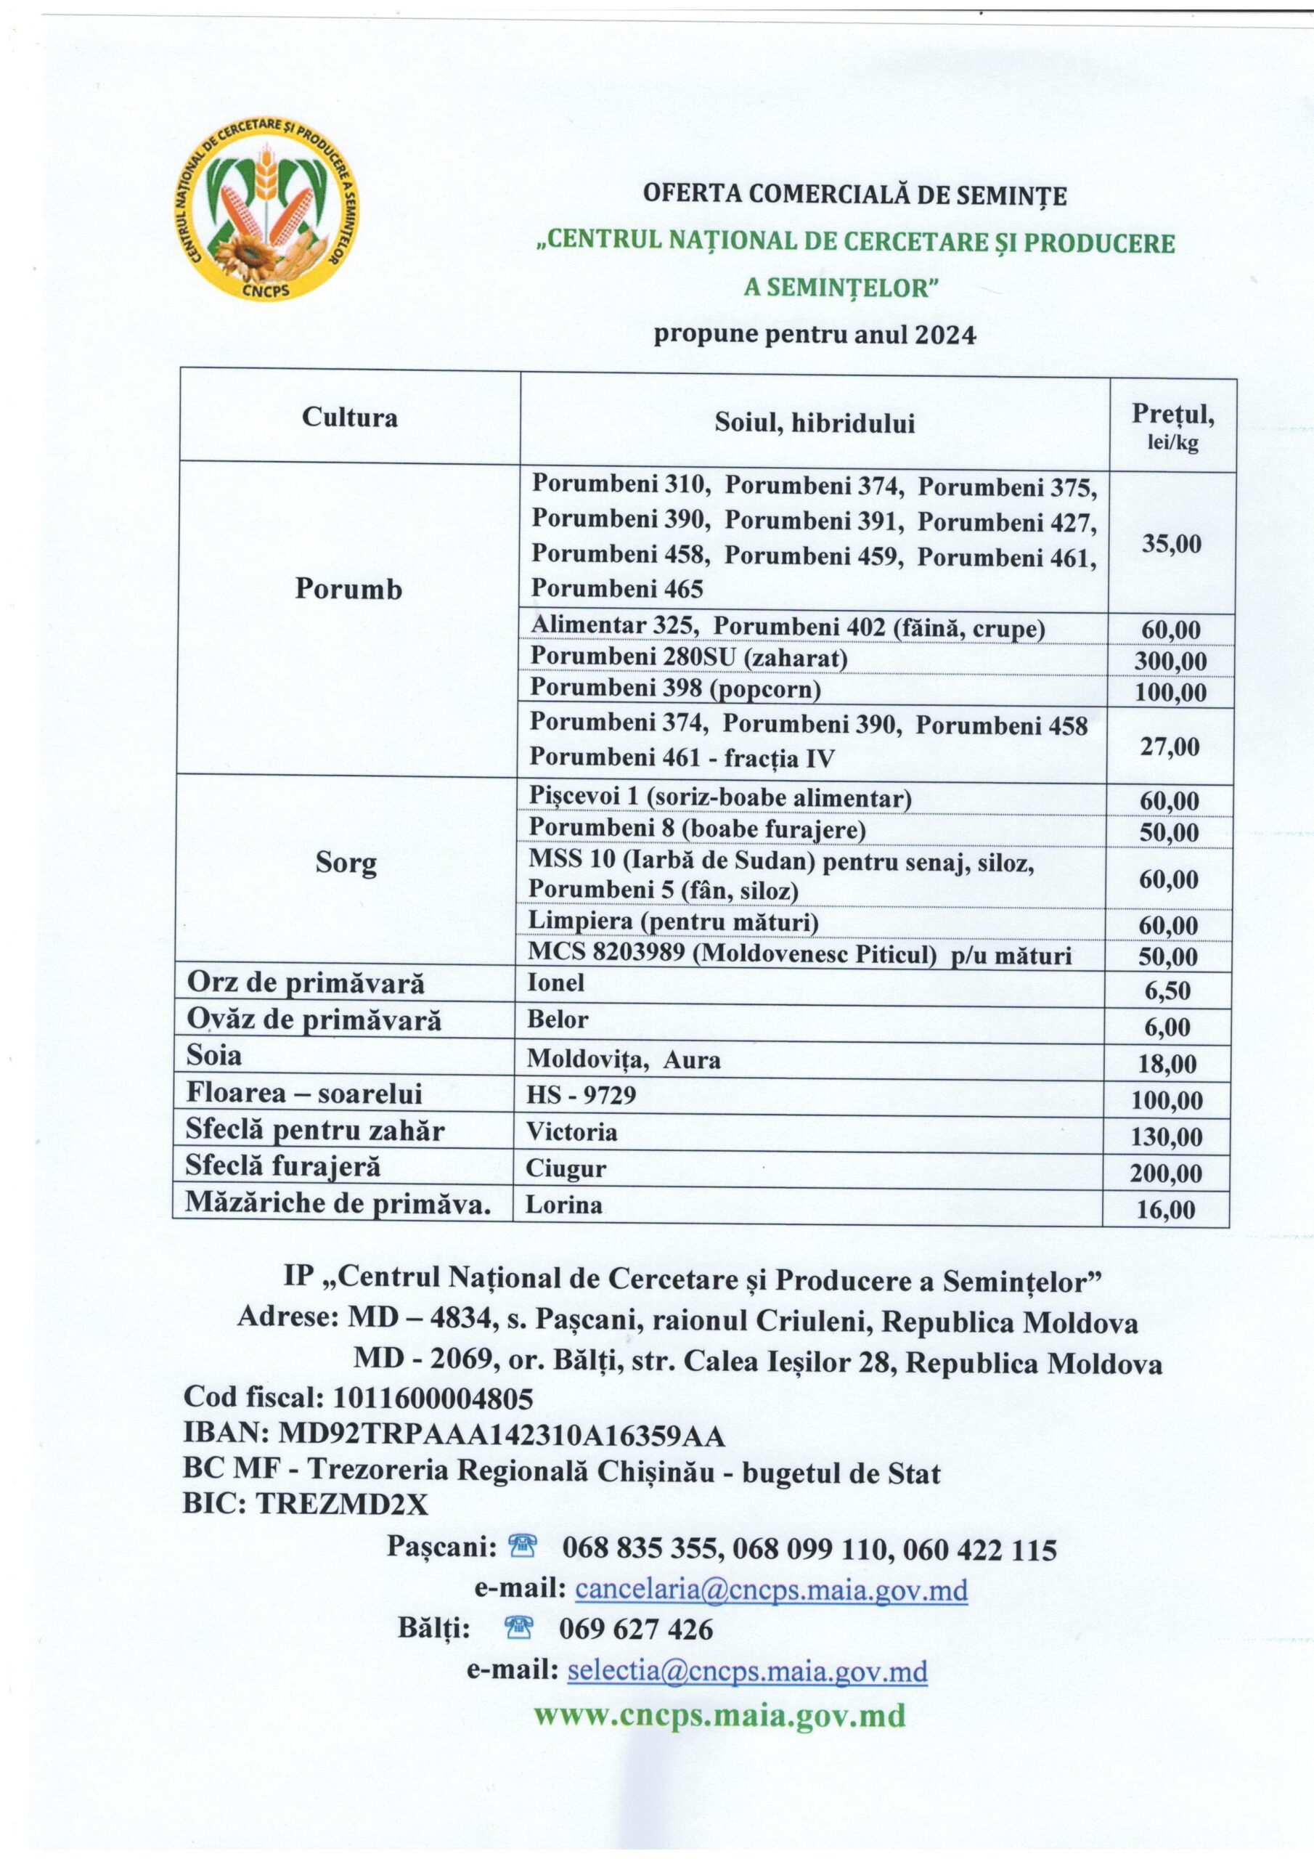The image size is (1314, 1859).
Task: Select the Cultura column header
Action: (x=350, y=418)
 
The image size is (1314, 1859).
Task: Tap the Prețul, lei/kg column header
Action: (x=1172, y=427)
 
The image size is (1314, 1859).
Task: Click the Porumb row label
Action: (x=348, y=590)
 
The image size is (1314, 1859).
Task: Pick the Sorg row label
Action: (x=346, y=864)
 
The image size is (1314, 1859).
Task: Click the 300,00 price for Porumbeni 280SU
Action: (x=1170, y=662)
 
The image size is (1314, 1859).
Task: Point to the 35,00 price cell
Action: (x=1172, y=543)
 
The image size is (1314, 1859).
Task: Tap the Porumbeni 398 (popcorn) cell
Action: (x=675, y=690)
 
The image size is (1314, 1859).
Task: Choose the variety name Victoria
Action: (x=571, y=1131)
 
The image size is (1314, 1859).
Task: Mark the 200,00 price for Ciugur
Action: (x=1167, y=1173)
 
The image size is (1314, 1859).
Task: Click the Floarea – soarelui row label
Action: (x=304, y=1094)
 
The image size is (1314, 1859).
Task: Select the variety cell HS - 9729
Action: (x=581, y=1096)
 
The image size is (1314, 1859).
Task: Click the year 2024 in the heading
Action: (x=944, y=335)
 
